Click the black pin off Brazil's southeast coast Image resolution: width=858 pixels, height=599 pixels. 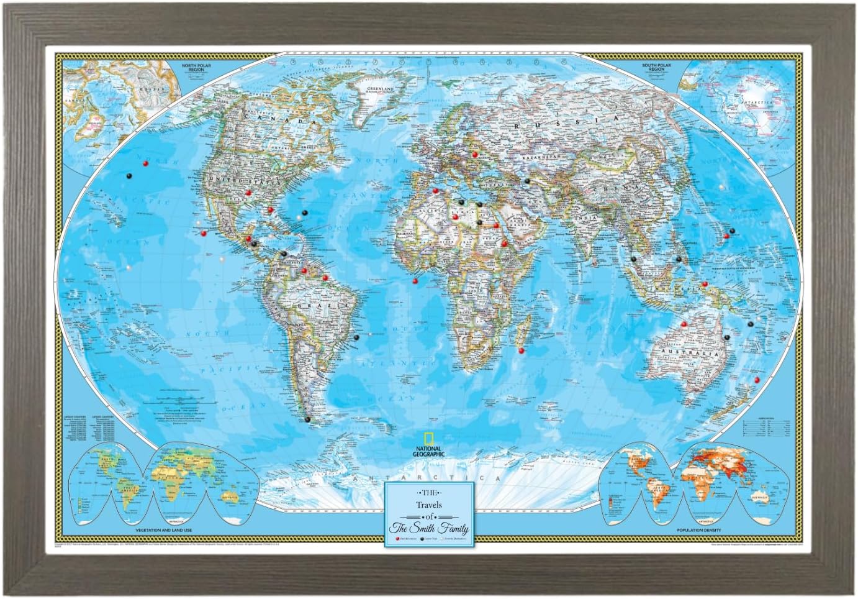pyautogui.click(x=356, y=338)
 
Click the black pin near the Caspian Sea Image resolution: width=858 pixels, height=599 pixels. pyautogui.click(x=527, y=181)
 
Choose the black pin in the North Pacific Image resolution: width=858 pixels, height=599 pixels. pyautogui.click(x=129, y=175)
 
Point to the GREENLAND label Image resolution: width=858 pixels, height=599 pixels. pyautogui.click(x=381, y=89)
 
